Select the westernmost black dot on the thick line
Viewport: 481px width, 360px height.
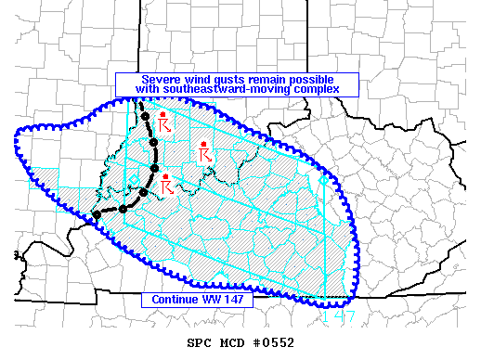tap(97, 215)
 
